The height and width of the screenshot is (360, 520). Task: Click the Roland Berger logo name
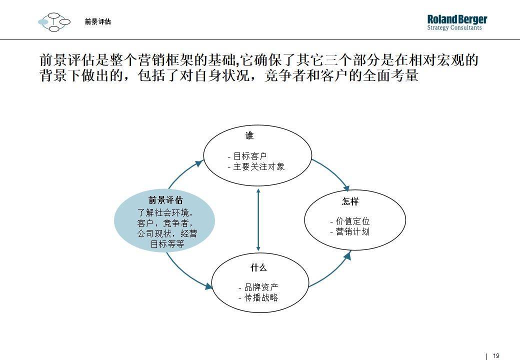pos(457,19)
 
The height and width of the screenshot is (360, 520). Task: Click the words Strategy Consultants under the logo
pos(454,28)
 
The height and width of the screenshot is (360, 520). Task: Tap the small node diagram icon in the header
pos(54,22)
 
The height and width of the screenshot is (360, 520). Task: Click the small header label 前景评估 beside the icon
pos(98,22)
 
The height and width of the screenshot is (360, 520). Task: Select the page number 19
pos(496,355)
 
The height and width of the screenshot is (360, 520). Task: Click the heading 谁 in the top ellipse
pos(249,135)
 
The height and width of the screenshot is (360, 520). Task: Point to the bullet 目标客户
pos(247,156)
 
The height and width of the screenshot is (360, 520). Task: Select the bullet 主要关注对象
pos(256,166)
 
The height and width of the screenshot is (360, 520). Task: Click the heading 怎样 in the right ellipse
pos(350,201)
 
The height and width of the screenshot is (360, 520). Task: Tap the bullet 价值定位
pos(350,221)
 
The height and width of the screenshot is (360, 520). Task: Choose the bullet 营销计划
pos(350,231)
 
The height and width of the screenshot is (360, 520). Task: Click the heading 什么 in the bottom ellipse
pos(258,267)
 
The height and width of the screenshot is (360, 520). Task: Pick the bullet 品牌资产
pos(258,287)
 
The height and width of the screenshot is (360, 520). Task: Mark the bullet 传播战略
pos(258,297)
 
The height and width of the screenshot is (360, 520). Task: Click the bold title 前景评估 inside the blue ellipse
pos(165,200)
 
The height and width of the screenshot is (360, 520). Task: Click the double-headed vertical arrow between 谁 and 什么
pos(258,219)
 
